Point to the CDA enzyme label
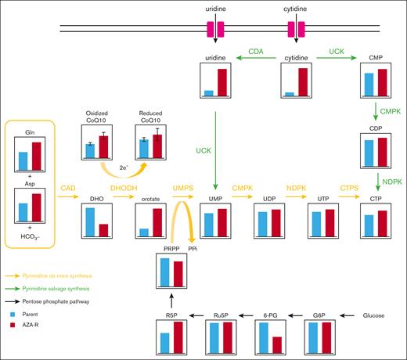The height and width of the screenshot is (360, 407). pos(254,52)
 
